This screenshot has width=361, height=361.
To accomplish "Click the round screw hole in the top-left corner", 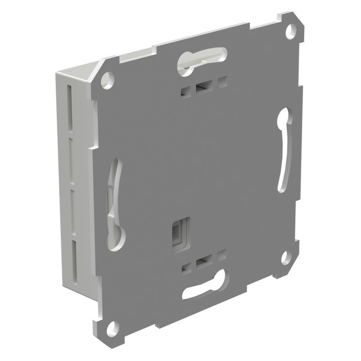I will (107, 80).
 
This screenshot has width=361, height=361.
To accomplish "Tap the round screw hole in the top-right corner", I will (291, 30).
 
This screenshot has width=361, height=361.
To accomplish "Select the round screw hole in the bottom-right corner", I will (285, 257).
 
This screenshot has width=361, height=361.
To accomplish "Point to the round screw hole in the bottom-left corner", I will (112, 327).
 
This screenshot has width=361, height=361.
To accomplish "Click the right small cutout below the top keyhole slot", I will (221, 82).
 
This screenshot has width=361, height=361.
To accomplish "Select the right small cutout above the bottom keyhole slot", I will (222, 255).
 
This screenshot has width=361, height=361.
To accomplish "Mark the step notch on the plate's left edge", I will (93, 146).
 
